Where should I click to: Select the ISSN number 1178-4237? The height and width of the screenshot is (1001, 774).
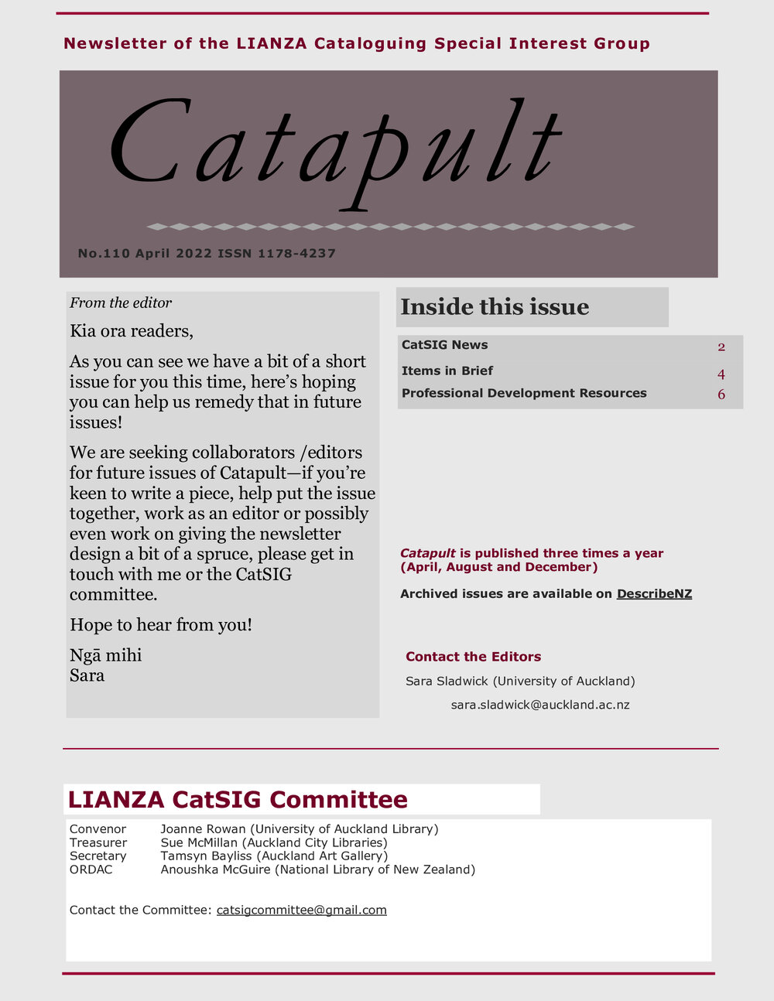tap(296, 253)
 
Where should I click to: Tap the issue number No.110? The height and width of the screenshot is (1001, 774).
tap(104, 253)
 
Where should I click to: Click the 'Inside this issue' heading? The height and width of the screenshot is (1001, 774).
tap(495, 307)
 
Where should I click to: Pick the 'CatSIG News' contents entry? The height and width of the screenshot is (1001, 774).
tap(444, 345)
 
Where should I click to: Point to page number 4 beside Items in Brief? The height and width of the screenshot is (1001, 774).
tap(721, 374)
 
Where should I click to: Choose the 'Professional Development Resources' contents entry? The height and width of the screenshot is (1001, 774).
tap(524, 393)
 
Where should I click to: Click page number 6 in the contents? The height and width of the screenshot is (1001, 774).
tap(721, 395)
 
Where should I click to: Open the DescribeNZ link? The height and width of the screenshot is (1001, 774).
tap(654, 594)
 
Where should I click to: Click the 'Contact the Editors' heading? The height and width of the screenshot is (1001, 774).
tap(473, 657)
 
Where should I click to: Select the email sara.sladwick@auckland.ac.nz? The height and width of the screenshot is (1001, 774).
tap(540, 705)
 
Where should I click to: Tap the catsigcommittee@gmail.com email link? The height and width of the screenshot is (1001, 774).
tap(301, 910)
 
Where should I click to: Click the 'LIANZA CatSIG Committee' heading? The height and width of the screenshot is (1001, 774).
tap(238, 799)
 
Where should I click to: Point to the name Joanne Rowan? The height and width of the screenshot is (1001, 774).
tap(203, 828)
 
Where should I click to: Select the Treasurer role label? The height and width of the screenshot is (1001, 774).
tap(98, 842)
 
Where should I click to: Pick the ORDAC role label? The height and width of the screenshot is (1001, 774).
tap(91, 869)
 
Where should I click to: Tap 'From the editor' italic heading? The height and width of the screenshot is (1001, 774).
tap(121, 302)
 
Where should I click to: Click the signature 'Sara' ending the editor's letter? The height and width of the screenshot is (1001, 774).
tap(87, 675)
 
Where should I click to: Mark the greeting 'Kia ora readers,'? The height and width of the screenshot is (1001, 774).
tap(131, 331)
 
